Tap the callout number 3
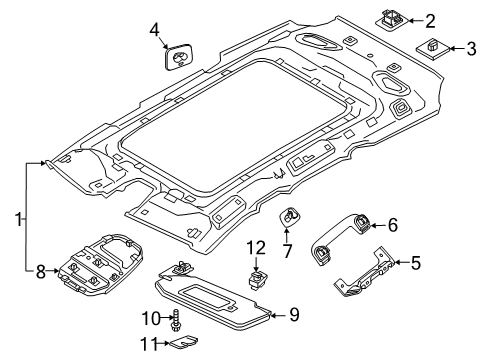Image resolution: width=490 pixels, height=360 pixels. (472, 47)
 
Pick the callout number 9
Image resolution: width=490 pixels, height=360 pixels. (294, 316)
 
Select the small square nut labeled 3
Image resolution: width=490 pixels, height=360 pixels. (434, 47)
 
